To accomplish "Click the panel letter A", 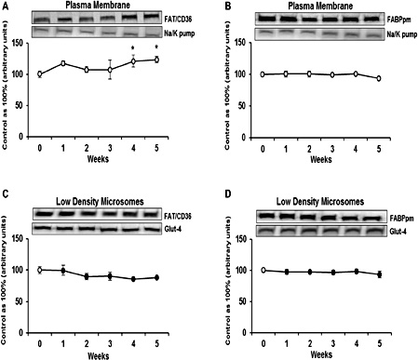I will pos(6,6).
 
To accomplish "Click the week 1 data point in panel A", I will pos(62,63).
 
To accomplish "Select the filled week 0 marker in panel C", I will pos(40,270).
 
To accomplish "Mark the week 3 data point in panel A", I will pos(110,70).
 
